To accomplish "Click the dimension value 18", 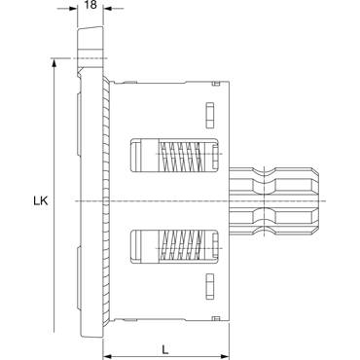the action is (x=90, y=5).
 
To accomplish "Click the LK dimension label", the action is (x=41, y=201).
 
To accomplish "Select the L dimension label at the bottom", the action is (x=165, y=349).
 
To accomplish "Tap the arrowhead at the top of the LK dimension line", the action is (x=54, y=64).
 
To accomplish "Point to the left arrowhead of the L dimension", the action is (x=108, y=356).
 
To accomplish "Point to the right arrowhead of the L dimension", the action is (x=225, y=356).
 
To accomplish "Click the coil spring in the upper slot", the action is (x=182, y=155).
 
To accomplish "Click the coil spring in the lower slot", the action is (x=182, y=246).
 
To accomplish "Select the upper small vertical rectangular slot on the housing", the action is (x=210, y=115).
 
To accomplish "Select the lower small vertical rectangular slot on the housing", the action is (x=210, y=286).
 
